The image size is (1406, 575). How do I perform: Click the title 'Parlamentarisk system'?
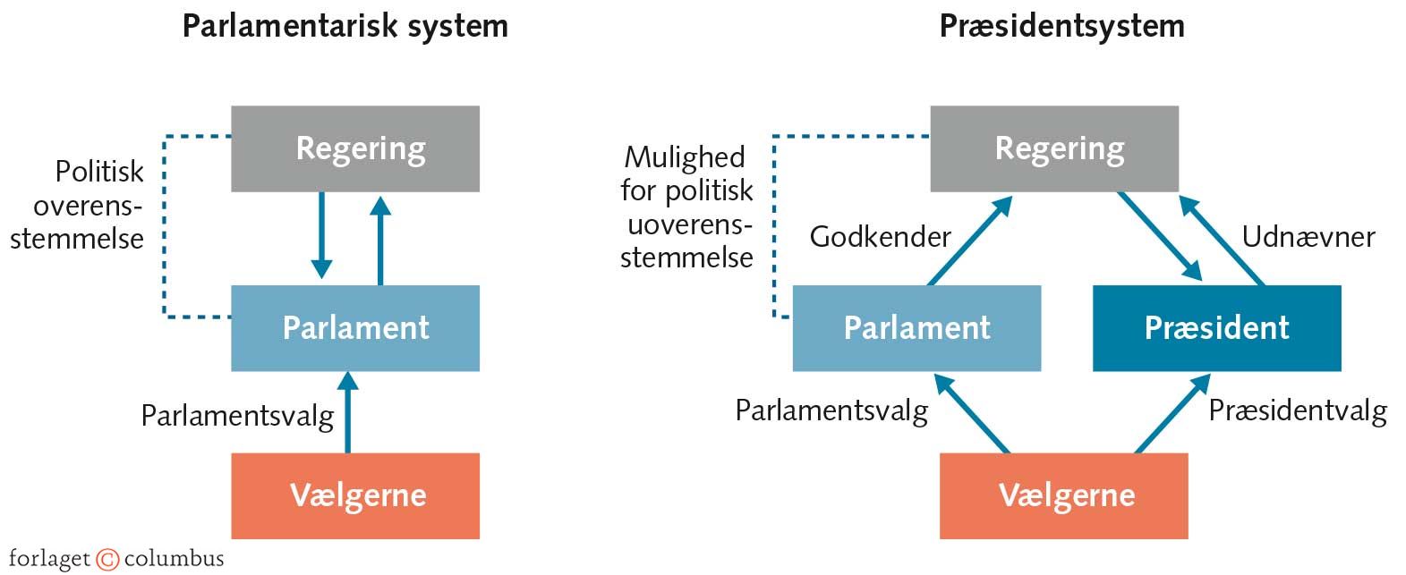345,26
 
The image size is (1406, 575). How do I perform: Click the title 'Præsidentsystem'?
1061,26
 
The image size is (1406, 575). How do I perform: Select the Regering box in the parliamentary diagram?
355,148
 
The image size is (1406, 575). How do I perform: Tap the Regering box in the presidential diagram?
1054,148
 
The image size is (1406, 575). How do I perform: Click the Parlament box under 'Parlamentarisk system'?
355,328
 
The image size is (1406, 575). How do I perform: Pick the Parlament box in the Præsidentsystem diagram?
916,328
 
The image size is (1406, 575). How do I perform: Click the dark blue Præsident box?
1216,328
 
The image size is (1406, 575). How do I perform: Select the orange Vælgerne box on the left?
355,495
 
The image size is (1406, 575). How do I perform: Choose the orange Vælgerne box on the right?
1064,495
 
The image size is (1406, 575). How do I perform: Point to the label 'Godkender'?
880,237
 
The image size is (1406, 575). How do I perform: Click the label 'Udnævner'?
1308,237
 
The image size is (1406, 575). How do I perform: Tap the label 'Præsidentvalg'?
1297,410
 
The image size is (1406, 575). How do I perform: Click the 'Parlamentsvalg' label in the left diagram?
237,416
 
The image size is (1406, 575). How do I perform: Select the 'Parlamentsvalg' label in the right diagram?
831,410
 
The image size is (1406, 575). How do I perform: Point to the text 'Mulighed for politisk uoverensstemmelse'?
686,207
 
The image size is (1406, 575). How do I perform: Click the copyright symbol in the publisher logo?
107,560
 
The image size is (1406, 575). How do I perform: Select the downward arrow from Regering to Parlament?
321,235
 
